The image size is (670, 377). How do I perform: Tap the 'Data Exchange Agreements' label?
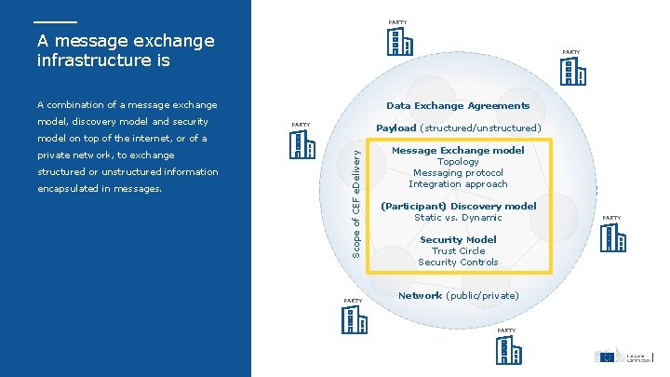click(458, 105)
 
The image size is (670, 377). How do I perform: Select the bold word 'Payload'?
click(395, 128)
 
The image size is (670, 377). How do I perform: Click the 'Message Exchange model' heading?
click(458, 150)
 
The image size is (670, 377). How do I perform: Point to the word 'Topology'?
click(458, 161)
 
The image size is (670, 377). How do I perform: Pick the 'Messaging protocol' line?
click(458, 172)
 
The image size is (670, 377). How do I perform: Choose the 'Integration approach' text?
click(458, 183)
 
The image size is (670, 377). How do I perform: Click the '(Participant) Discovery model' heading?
click(459, 206)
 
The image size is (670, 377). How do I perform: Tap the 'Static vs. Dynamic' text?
click(458, 217)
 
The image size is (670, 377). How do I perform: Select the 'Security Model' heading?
click(458, 239)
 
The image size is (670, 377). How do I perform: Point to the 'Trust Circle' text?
click(458, 250)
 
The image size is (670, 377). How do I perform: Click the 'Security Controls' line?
click(458, 262)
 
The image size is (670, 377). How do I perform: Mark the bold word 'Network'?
click(420, 295)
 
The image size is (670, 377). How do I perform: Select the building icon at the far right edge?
click(612, 238)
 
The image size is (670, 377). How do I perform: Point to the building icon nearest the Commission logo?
click(506, 351)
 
